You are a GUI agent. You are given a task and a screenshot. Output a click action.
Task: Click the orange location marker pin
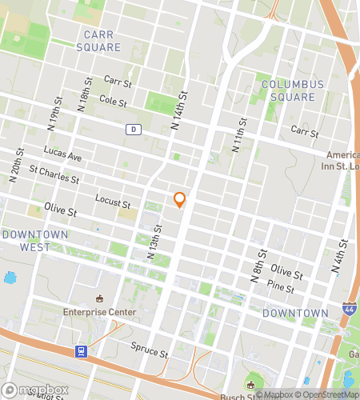click(x=180, y=200)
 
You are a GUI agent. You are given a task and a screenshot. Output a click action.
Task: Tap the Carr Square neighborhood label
click(x=102, y=41)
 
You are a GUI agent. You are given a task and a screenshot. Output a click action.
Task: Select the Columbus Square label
click(x=293, y=90)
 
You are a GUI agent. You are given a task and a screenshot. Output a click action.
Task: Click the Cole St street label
click(x=113, y=101)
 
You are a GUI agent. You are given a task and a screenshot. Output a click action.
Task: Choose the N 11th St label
click(x=241, y=132)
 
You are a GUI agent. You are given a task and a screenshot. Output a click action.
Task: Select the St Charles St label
click(x=54, y=174)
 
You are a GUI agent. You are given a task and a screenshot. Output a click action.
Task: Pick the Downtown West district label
click(x=35, y=241)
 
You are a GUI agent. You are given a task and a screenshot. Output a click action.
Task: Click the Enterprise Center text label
click(x=100, y=312)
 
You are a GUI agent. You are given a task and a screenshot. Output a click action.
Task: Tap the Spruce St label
click(x=150, y=350)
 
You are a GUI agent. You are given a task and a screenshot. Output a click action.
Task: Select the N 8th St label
click(x=257, y=268)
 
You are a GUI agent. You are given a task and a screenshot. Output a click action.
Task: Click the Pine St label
click(x=281, y=286)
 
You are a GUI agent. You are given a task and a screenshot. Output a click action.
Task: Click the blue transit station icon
click(x=81, y=350)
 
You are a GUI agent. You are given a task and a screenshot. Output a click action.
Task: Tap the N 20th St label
click(x=13, y=167)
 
